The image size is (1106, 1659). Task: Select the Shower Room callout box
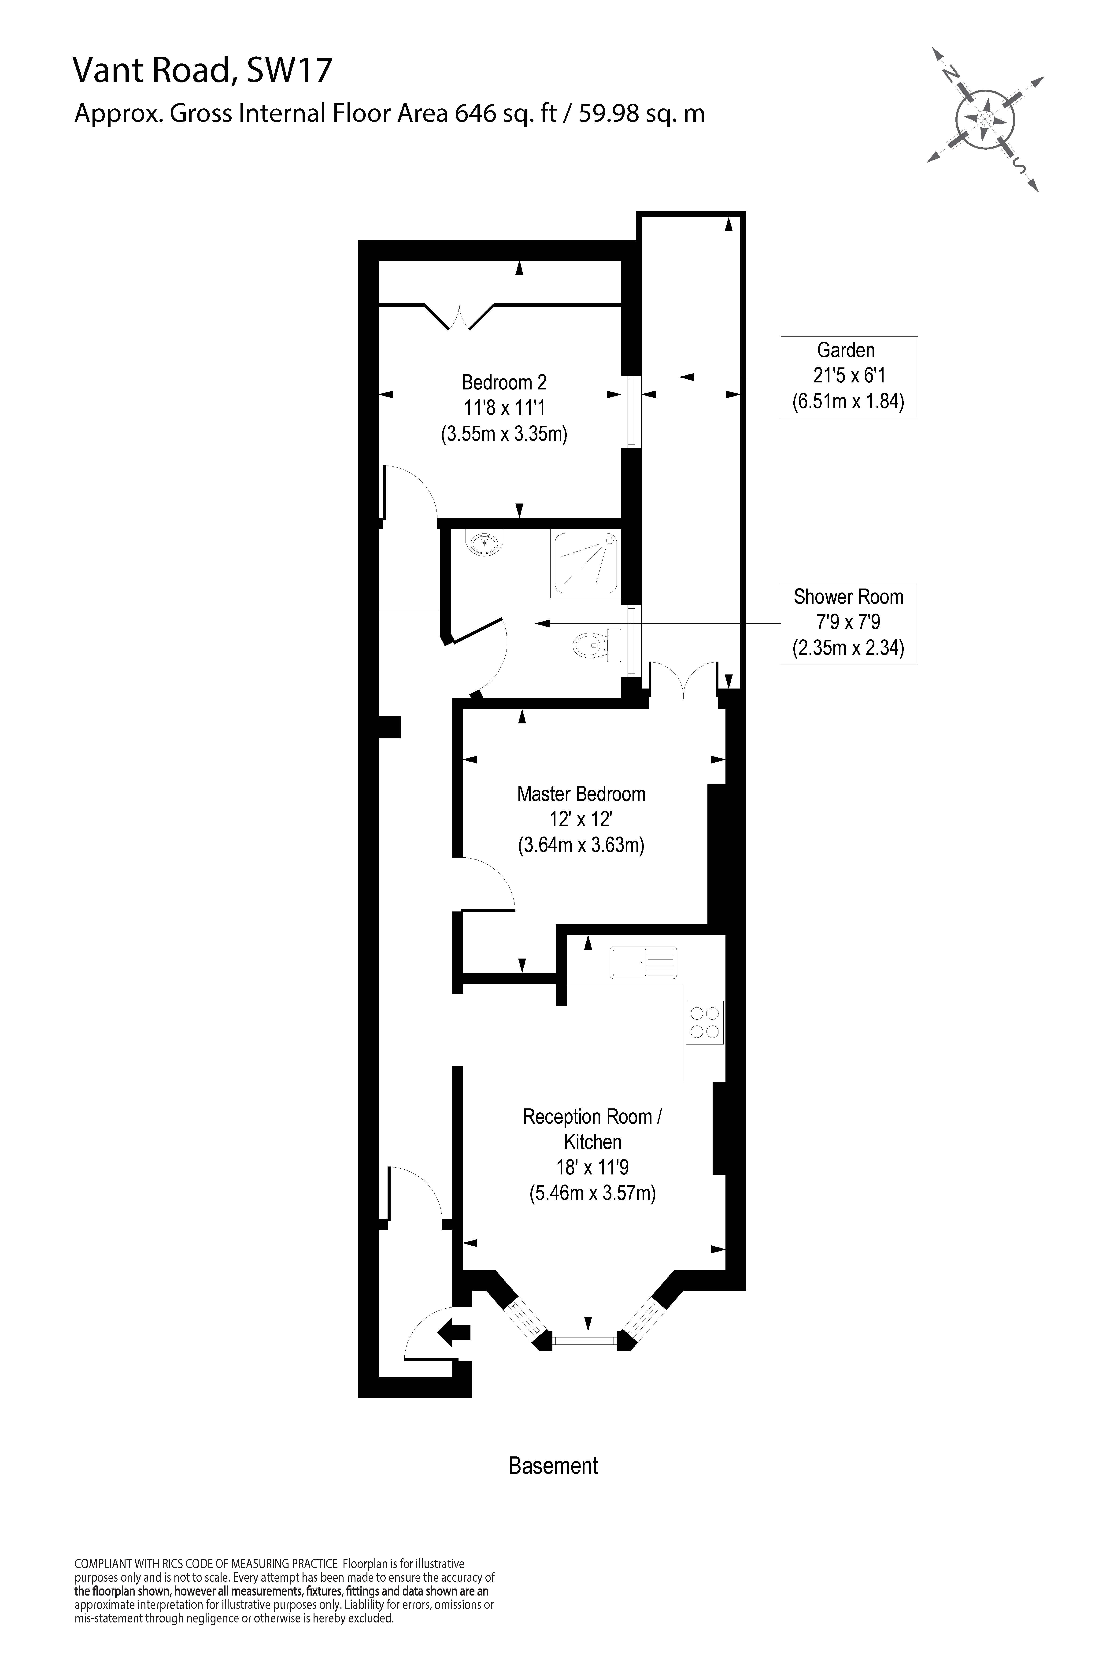pos(849,623)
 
